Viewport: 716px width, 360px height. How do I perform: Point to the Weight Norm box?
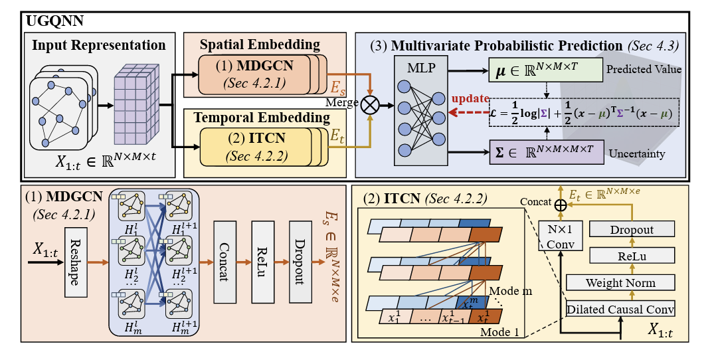click(x=620, y=283)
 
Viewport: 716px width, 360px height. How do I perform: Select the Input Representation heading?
click(x=98, y=46)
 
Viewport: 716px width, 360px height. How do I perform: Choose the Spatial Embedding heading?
click(x=260, y=45)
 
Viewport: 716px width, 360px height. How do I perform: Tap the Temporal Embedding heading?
click(x=262, y=118)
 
